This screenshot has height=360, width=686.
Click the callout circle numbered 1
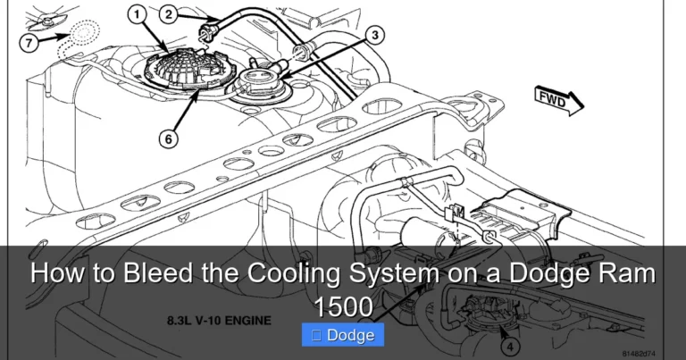136,14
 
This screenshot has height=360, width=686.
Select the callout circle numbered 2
169,13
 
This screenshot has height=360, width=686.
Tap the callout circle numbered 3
376,36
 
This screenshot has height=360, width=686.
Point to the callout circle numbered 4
507,343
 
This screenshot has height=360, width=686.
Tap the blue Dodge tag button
343,335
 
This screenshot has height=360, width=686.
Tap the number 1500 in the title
343,306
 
